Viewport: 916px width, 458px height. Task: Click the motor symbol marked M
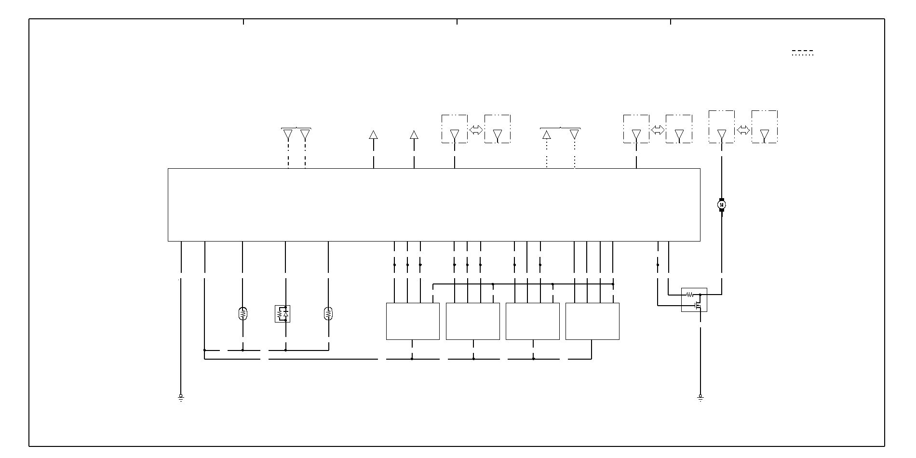(722, 205)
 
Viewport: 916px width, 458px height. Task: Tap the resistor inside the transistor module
(689, 294)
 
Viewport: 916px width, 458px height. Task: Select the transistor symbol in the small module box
(697, 305)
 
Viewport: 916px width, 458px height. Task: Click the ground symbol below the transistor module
(700, 398)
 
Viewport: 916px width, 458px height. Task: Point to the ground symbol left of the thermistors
(181, 398)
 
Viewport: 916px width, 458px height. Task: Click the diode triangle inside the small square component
(286, 314)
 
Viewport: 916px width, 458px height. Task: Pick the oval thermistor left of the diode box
(242, 314)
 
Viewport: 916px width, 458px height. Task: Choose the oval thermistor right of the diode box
(328, 314)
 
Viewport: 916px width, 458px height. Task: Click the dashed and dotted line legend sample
(802, 53)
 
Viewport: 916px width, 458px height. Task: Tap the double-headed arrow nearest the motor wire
(743, 130)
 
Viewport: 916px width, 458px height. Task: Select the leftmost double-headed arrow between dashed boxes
(476, 130)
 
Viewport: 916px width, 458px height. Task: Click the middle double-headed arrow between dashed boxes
(658, 130)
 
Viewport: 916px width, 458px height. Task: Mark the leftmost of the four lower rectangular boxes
(413, 321)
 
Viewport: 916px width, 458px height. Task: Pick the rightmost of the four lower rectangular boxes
(592, 321)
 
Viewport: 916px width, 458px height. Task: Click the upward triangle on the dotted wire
(547, 135)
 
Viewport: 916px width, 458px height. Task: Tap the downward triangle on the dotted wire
(574, 135)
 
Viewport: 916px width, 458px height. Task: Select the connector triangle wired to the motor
(722, 135)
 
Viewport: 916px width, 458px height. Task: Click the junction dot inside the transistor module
(700, 295)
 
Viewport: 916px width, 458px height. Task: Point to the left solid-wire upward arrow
(373, 135)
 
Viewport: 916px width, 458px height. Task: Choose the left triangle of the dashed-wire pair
(288, 135)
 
